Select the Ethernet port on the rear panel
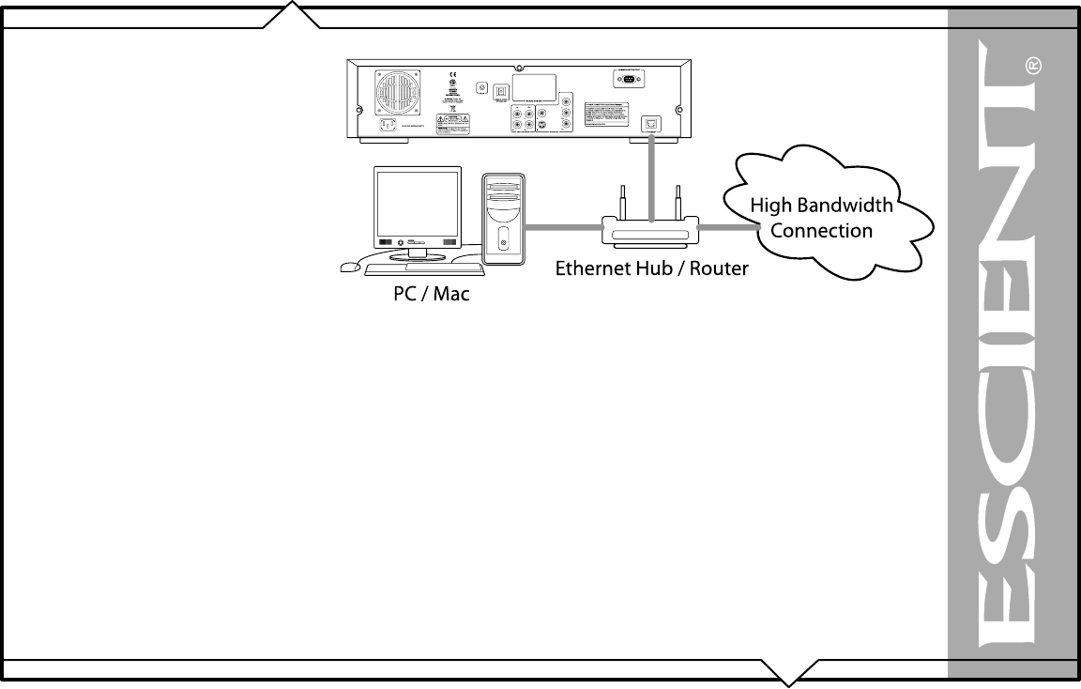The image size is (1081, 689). (648, 123)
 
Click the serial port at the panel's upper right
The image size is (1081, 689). (628, 81)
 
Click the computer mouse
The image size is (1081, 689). (349, 267)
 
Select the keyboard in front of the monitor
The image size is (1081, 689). (424, 269)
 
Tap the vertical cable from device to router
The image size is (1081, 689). (649, 178)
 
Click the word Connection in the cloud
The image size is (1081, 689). (821, 231)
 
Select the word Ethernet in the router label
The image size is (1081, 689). (592, 268)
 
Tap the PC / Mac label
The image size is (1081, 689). (431, 295)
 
